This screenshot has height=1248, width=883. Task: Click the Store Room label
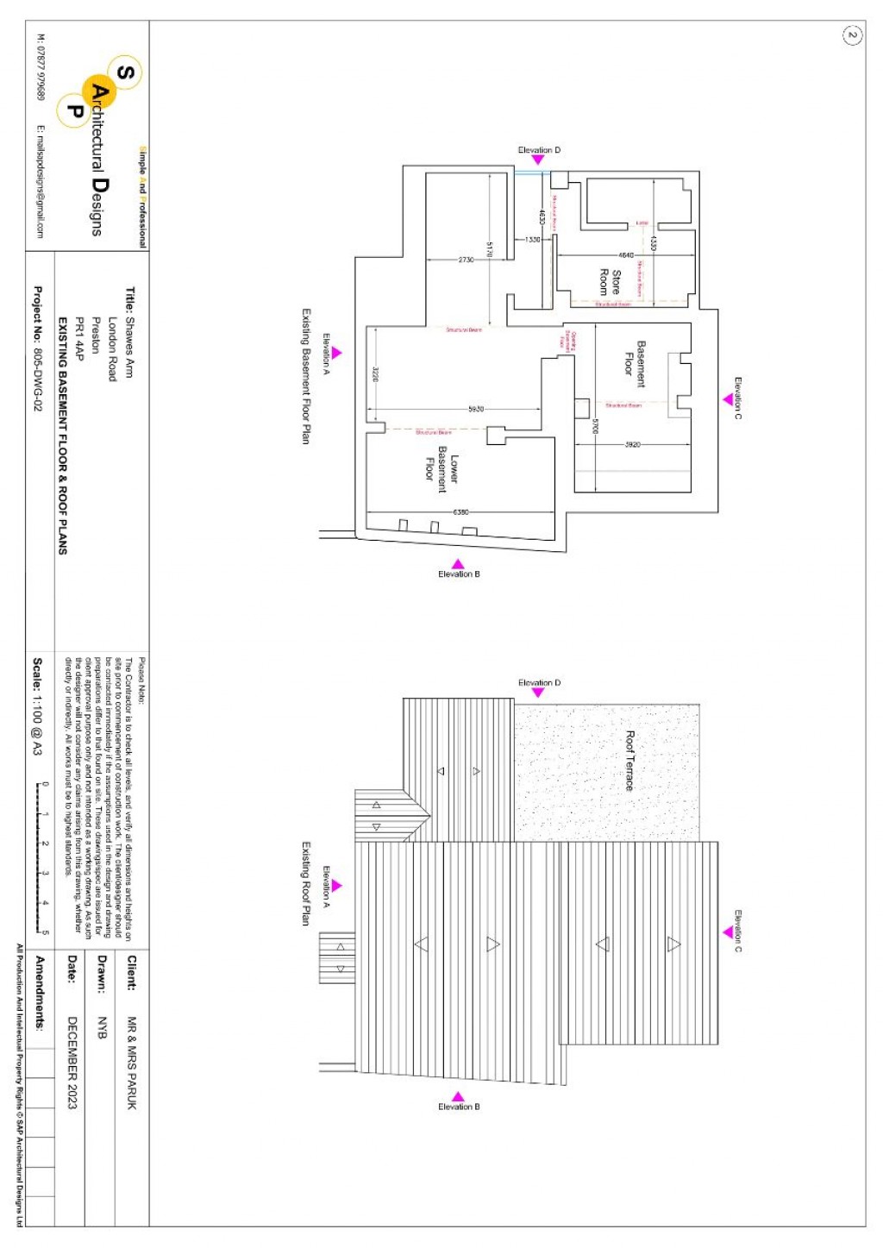click(x=610, y=282)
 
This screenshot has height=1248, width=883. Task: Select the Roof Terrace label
click(x=629, y=761)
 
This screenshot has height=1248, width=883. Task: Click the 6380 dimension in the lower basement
click(x=461, y=512)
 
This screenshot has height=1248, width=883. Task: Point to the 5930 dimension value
click(x=476, y=409)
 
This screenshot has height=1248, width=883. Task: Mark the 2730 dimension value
click(x=466, y=260)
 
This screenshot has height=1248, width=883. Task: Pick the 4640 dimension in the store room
click(x=626, y=255)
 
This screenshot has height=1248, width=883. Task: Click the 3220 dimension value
click(x=375, y=374)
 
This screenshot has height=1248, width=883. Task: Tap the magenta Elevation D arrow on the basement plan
click(x=538, y=160)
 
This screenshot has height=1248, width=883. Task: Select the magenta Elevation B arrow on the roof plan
click(x=459, y=1096)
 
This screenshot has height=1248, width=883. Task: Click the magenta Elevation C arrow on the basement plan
click(x=728, y=399)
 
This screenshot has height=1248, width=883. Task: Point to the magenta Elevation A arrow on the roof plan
click(x=336, y=886)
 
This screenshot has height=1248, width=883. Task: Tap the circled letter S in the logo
click(x=125, y=72)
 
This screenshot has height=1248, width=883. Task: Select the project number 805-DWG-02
click(x=37, y=348)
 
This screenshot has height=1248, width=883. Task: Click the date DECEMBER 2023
click(x=72, y=1063)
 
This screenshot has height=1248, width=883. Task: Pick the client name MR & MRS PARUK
click(x=132, y=1063)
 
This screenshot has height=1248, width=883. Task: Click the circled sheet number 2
click(x=852, y=34)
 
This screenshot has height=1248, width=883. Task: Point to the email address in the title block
click(x=40, y=182)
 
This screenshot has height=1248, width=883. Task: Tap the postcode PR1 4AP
click(x=79, y=338)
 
